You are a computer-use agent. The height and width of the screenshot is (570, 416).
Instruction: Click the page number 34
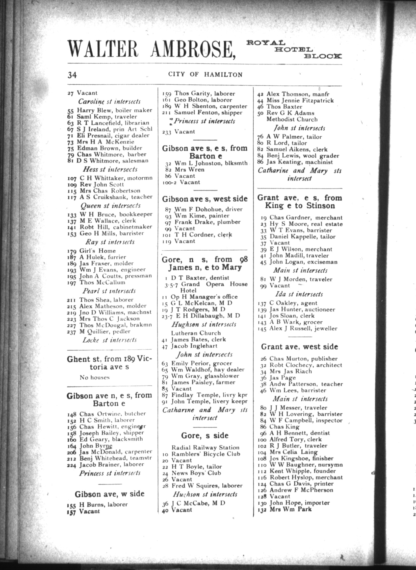pos(72,75)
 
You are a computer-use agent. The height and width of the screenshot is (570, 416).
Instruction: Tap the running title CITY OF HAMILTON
pos(205,75)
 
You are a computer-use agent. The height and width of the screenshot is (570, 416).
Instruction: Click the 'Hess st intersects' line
pos(110,169)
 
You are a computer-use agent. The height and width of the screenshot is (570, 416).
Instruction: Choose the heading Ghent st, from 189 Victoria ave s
pos(109,363)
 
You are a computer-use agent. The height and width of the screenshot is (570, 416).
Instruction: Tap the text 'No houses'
pos(94,377)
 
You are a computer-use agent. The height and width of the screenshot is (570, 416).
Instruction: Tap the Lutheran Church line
pos(196,333)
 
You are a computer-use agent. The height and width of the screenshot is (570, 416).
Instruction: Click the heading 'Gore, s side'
pos(204,435)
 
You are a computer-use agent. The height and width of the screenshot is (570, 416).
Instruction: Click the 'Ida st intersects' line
pos(299,294)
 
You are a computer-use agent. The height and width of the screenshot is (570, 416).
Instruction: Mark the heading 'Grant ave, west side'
pos(299,347)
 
